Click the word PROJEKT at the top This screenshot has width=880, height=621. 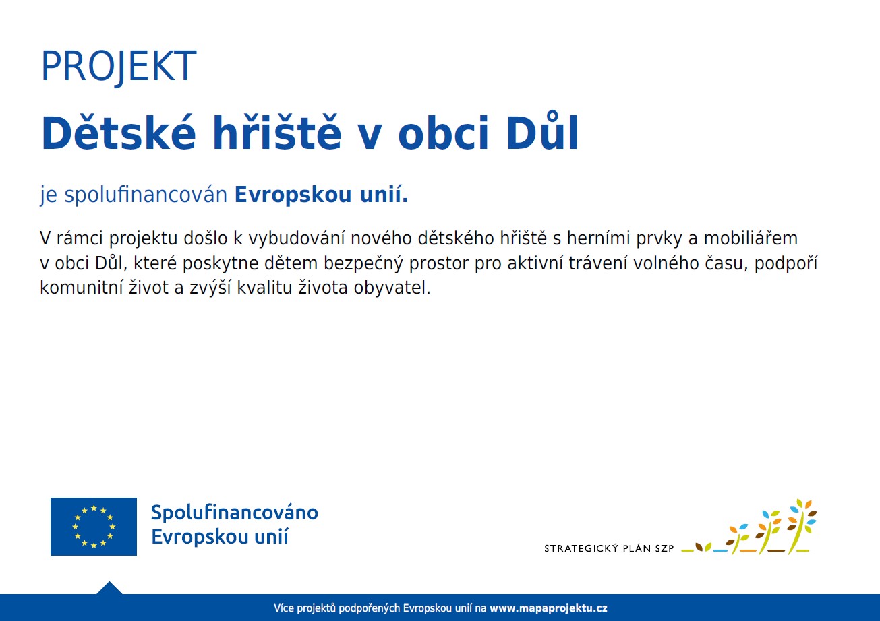(118, 67)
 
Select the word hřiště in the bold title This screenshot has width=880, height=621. (277, 133)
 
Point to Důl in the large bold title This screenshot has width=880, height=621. (542, 133)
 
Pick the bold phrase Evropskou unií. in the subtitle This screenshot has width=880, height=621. (321, 196)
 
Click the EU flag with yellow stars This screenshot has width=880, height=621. (94, 527)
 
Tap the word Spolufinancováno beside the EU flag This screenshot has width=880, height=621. (234, 513)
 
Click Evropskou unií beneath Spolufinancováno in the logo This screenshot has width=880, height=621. (219, 537)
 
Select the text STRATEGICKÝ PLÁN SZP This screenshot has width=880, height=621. (609, 548)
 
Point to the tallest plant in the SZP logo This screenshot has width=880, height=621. (800, 525)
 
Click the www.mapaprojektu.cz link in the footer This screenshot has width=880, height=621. (548, 608)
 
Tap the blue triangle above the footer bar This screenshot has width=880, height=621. (109, 588)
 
